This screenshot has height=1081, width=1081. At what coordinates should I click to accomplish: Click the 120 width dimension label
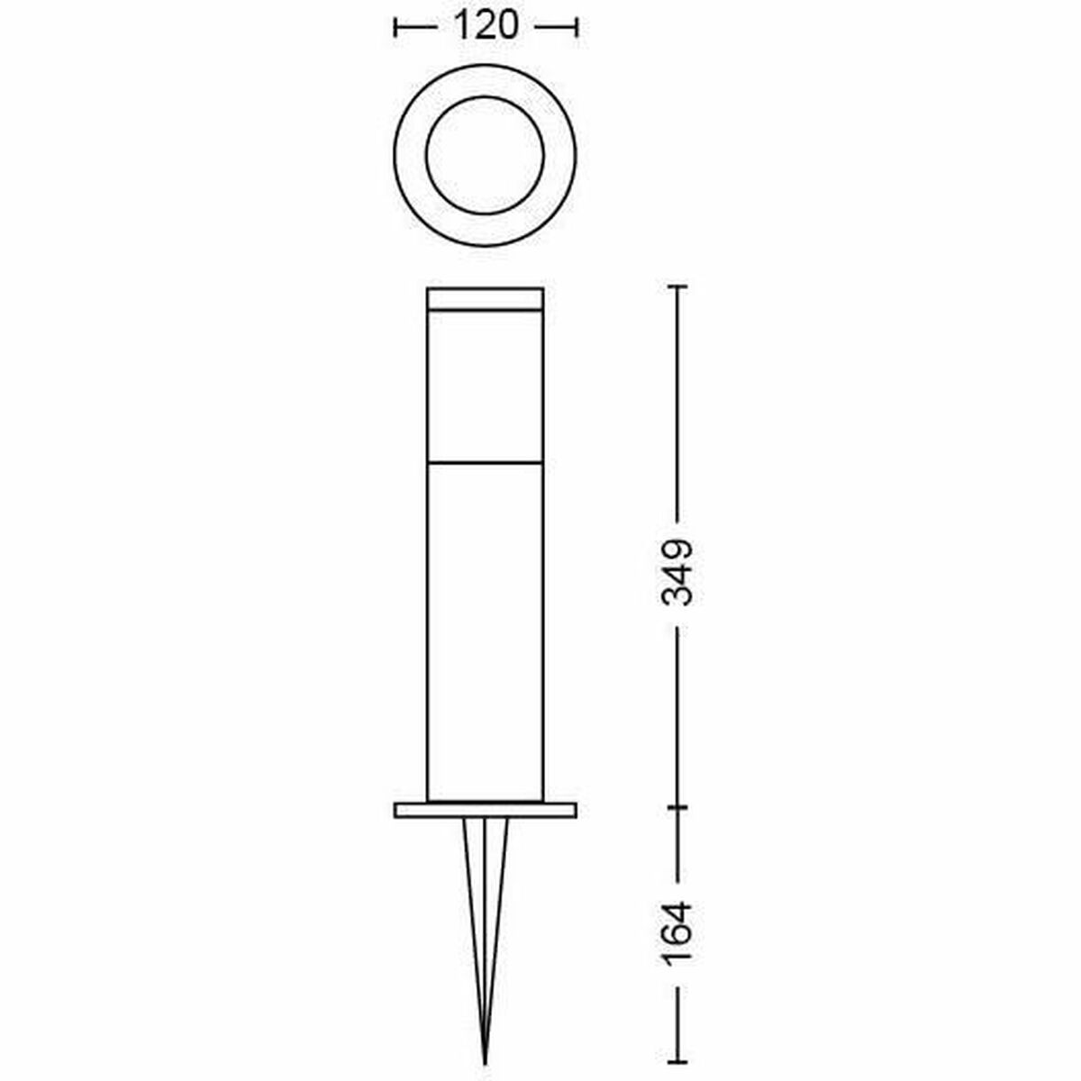tap(486, 26)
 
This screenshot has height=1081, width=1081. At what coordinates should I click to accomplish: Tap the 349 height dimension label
tap(677, 572)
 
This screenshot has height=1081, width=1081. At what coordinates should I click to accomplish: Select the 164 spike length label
tap(677, 933)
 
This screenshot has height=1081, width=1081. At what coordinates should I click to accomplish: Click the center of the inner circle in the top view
tap(485, 155)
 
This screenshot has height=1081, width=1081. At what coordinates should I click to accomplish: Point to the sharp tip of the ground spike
tap(486, 1064)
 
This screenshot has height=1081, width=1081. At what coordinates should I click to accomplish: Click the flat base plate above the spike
tap(486, 810)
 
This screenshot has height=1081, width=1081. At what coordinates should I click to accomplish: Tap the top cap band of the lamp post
tap(485, 298)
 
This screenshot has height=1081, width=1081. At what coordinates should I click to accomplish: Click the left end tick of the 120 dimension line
tap(395, 27)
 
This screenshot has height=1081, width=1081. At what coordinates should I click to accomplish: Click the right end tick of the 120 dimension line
tap(577, 27)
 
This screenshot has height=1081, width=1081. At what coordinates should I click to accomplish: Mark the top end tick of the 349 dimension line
tap(678, 287)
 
